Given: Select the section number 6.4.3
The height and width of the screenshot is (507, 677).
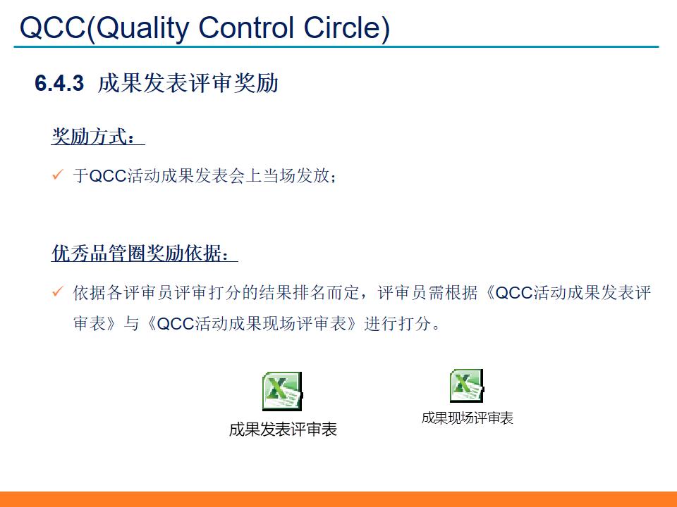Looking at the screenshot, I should coord(59,84).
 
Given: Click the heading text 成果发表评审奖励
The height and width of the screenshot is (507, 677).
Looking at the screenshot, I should coord(188,83).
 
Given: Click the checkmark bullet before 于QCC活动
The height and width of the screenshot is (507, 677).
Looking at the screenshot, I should coord(58,175).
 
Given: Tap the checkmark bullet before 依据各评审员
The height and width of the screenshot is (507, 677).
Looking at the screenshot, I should coord(58,292).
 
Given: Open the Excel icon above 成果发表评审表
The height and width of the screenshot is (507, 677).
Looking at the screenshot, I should coord(282,391).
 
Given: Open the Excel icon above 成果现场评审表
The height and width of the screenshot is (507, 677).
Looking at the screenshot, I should coord(466,385).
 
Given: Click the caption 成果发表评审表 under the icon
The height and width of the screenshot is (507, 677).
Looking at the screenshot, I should coord(283,430).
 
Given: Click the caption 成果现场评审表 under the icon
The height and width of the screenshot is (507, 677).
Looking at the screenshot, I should coord(467,418).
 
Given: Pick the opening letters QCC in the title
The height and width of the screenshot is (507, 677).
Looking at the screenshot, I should coord(52,28).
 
